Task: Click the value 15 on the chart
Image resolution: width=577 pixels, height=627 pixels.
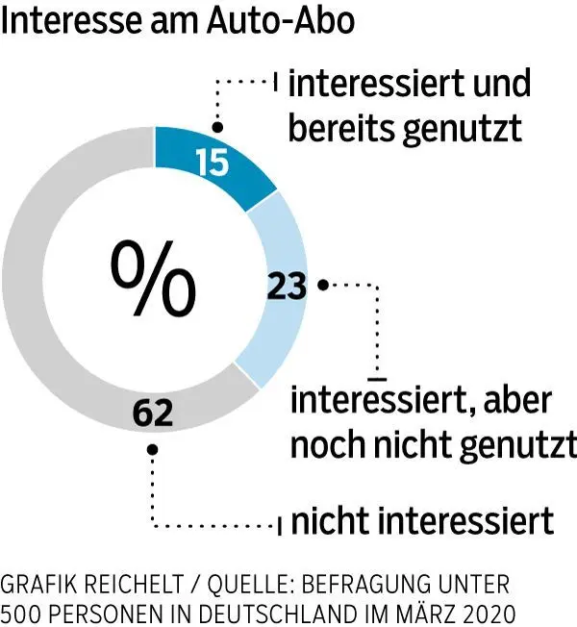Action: coord(211,162)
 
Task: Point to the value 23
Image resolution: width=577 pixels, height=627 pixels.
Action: coord(286,286)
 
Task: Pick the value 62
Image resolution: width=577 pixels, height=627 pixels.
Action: coord(153,414)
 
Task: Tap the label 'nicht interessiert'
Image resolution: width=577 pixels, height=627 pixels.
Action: coord(422,521)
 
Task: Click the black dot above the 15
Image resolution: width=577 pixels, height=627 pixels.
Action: coord(217,127)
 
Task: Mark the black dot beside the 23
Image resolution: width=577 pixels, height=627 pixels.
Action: coord(323,284)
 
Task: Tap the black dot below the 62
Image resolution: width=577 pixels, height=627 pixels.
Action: coord(153,448)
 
